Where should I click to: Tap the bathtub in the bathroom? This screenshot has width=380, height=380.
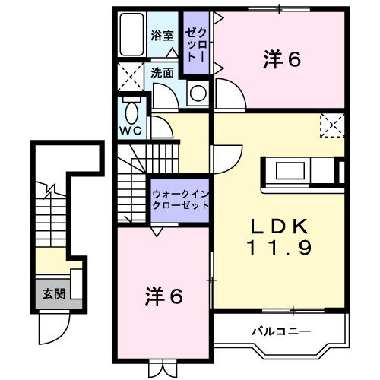point(132,34)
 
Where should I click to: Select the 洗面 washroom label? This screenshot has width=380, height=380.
point(161,74)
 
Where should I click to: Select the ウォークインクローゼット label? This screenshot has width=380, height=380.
point(180,200)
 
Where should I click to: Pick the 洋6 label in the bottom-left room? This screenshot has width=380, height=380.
point(163,296)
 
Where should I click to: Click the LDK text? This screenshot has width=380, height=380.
point(278,226)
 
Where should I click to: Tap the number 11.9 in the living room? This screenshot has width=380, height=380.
point(278,248)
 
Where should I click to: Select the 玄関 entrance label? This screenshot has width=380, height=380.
point(52,293)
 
